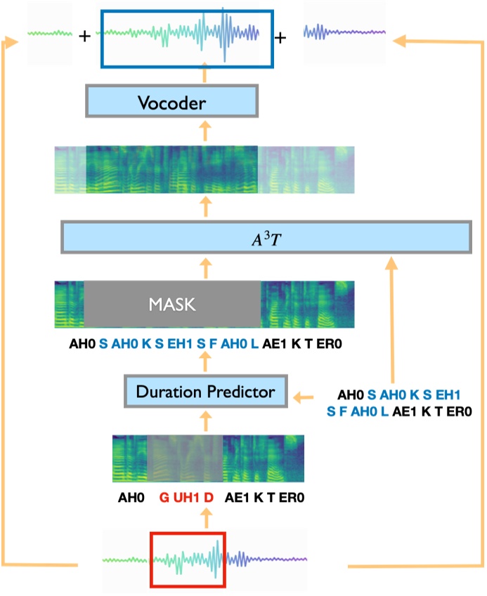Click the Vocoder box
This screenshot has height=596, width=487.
[x=172, y=104]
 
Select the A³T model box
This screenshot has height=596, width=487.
[x=265, y=237]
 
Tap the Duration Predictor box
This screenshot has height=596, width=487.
[x=205, y=392]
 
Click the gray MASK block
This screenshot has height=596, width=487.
[x=172, y=305]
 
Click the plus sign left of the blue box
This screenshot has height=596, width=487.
[x=85, y=37]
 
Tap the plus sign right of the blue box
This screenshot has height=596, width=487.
[x=281, y=37]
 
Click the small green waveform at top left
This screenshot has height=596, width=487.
[x=50, y=34]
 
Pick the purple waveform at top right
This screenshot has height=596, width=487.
[x=344, y=32]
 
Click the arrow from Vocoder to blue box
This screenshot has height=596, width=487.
[x=205, y=76]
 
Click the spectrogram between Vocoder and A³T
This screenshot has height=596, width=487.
[x=205, y=169]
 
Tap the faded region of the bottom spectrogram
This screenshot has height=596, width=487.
[x=184, y=458]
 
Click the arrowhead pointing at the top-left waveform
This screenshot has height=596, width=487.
[x=8, y=44]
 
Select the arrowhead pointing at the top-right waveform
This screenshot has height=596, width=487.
[x=401, y=40]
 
